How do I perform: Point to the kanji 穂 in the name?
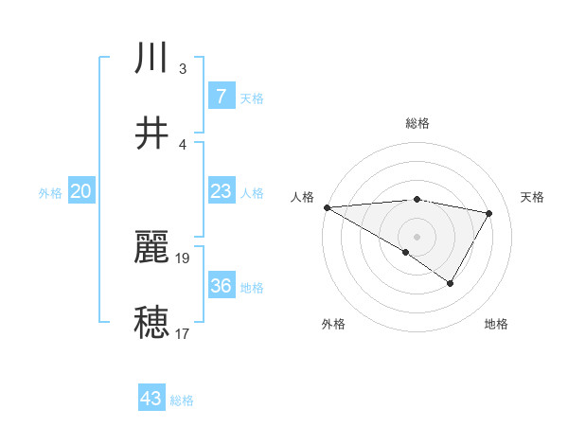(x=151, y=322)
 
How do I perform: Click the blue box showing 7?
(x=221, y=97)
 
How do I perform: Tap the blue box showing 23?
(x=221, y=192)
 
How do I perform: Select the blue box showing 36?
(x=221, y=286)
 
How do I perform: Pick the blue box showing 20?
(x=81, y=192)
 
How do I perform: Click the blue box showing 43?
(x=151, y=399)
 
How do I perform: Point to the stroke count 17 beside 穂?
(x=182, y=333)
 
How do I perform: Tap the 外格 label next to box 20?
(x=50, y=193)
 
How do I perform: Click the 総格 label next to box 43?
(x=182, y=400)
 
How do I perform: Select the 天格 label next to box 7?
(x=251, y=98)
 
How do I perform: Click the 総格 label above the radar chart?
(x=417, y=123)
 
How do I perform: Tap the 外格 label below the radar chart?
(x=332, y=324)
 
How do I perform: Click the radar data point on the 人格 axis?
(x=327, y=207)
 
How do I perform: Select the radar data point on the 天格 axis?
(x=489, y=213)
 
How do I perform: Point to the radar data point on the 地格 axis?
(x=451, y=283)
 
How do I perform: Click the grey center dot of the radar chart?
(x=417, y=236)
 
